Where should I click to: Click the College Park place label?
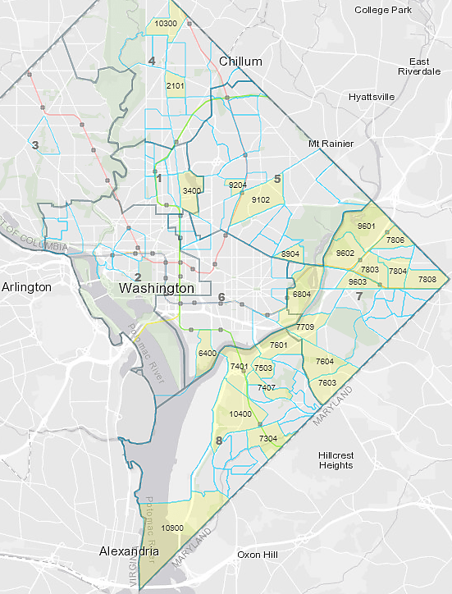pyautogui.click(x=386, y=10)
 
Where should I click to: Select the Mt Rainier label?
pyautogui.click(x=331, y=144)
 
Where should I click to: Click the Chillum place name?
pyautogui.click(x=240, y=62)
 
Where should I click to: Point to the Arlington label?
pyautogui.click(x=26, y=287)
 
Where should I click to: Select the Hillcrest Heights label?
pyautogui.click(x=336, y=459)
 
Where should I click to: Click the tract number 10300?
pyautogui.click(x=166, y=24)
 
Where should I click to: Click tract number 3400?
pyautogui.click(x=191, y=190)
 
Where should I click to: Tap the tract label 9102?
pyautogui.click(x=261, y=199)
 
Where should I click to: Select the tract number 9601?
pyautogui.click(x=367, y=226)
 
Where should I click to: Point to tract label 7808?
pyautogui.click(x=427, y=280)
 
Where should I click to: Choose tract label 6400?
pyautogui.click(x=207, y=353)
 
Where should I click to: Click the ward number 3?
pyautogui.click(x=34, y=146)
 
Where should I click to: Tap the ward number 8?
pyautogui.click(x=218, y=442)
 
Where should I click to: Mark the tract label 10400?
pyautogui.click(x=240, y=414)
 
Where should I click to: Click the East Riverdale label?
pyautogui.click(x=420, y=66)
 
